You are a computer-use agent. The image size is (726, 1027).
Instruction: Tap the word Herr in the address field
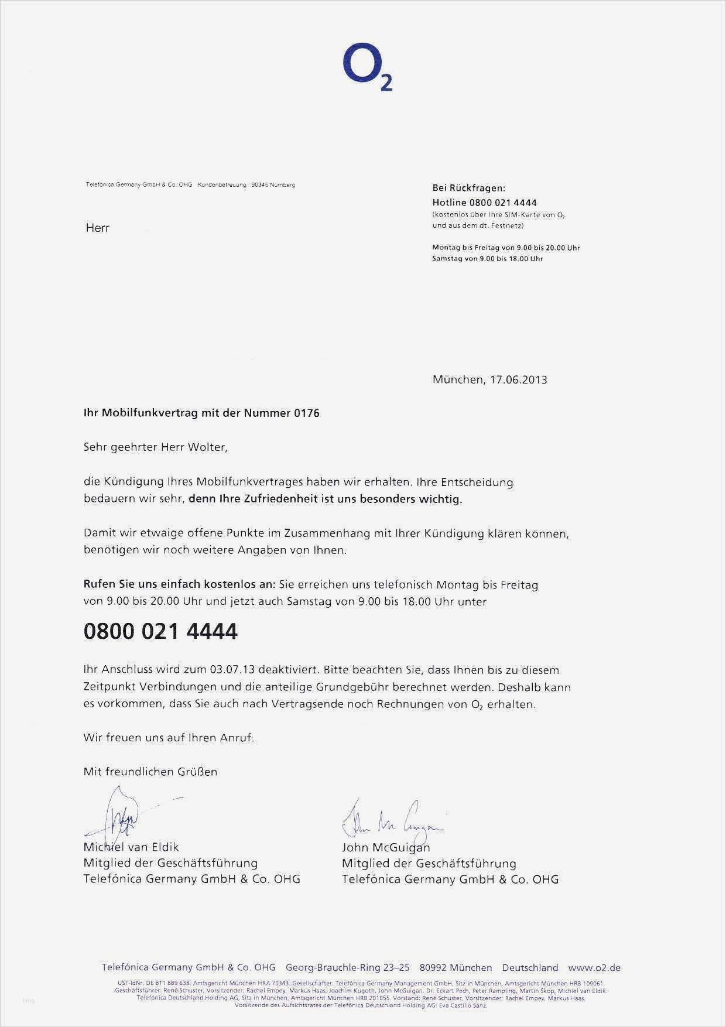[x=97, y=228]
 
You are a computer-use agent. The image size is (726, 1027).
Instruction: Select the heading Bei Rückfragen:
[x=468, y=188]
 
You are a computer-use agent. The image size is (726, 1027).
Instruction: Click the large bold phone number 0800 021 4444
[x=160, y=632]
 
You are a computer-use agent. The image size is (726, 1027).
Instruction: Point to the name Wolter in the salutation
[x=206, y=447]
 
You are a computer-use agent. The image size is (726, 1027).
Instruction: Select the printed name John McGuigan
[x=386, y=847]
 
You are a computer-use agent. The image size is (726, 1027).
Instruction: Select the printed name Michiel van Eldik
[x=131, y=847]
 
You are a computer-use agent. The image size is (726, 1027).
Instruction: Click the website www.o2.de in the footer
[x=594, y=968]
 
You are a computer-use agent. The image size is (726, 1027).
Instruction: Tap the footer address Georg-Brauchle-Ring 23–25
[x=347, y=968]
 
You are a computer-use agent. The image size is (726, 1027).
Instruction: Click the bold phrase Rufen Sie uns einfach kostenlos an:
[x=179, y=584]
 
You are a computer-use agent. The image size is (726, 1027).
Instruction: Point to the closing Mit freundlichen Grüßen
[x=150, y=772]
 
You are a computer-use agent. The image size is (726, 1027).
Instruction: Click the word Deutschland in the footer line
[x=530, y=968]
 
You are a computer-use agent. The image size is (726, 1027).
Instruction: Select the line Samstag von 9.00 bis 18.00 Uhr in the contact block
[x=487, y=258]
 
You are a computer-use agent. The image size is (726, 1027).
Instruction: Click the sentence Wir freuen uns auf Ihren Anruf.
[x=169, y=738]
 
